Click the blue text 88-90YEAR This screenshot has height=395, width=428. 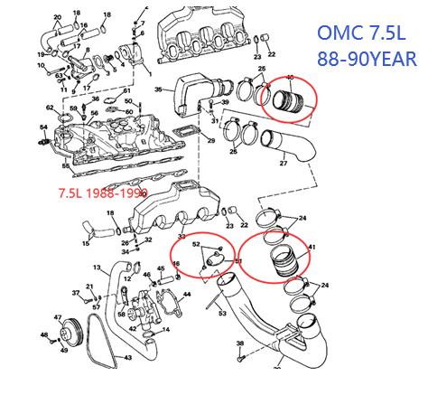[366, 61]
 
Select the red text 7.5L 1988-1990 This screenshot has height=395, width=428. [100, 193]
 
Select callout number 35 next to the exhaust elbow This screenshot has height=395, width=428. [158, 90]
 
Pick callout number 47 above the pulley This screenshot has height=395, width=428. [59, 317]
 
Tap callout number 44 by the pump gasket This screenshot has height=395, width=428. [188, 295]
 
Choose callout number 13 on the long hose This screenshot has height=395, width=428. [97, 268]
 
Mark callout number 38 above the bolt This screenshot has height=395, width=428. [239, 344]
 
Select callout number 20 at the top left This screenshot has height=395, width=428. [57, 17]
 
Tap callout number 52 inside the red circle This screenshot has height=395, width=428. [196, 244]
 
